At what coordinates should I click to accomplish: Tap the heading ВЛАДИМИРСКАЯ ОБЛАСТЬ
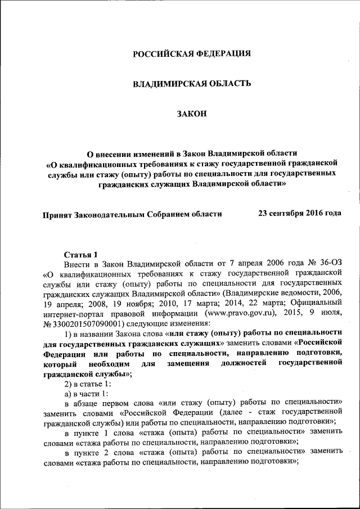[191, 84]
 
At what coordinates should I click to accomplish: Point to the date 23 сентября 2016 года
[299, 214]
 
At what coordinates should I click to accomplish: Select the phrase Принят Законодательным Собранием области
[132, 214]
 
